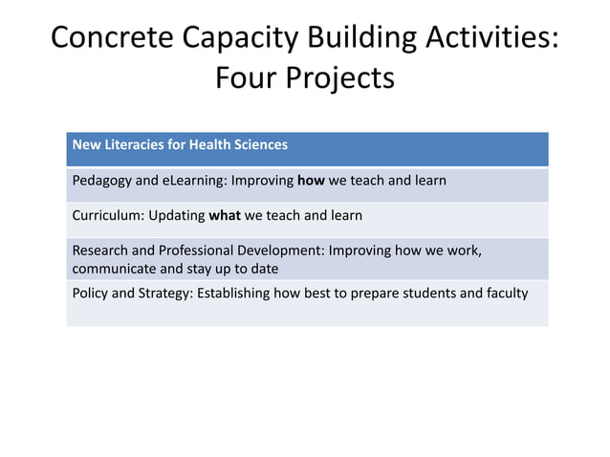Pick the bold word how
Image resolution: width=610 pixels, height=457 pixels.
(x=311, y=181)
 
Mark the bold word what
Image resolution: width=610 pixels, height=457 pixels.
(x=225, y=215)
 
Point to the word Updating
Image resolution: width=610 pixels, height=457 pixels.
(x=176, y=215)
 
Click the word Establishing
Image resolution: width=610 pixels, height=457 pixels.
(x=233, y=293)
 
